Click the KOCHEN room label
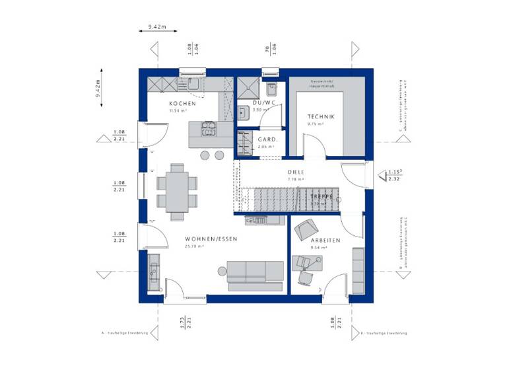(182, 104)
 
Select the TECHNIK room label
(321, 116)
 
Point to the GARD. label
(267, 140)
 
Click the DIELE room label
(295, 171)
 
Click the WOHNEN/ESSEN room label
(211, 238)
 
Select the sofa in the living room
(255, 274)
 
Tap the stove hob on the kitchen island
(209, 126)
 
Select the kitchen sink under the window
(193, 85)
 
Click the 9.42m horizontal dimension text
(157, 27)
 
